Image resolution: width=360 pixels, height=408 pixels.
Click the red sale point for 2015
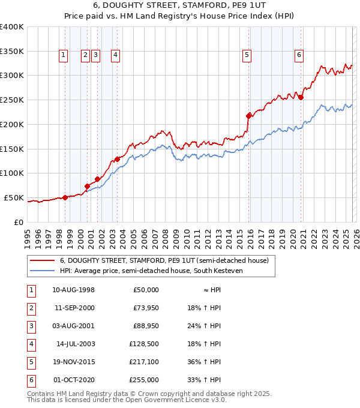pos(249,115)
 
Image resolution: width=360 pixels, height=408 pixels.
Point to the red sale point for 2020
pos(301,97)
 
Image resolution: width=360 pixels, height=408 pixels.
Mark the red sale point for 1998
pos(65,197)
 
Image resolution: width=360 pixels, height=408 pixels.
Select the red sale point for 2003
pos(118,159)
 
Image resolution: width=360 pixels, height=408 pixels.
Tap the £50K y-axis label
pos(14,197)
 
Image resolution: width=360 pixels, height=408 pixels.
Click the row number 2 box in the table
pos(30,308)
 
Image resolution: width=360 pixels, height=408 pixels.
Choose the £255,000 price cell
pos(143,380)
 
